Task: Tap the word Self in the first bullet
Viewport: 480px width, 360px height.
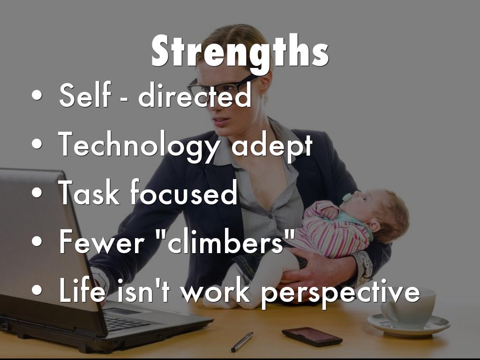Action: [x=85, y=95]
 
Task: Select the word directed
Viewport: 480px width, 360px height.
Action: [x=195, y=95]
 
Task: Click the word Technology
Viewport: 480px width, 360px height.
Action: [x=138, y=146]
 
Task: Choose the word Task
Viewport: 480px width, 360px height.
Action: [x=89, y=192]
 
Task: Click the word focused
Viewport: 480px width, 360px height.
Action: [x=184, y=192]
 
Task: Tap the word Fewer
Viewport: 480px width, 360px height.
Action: [x=102, y=241]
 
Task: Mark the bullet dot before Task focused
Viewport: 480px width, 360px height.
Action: [x=37, y=193]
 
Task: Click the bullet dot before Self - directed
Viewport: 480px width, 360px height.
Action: [x=37, y=95]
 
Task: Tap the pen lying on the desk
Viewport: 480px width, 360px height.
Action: [x=242, y=342]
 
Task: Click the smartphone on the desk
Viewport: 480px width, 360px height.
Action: [x=312, y=337]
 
